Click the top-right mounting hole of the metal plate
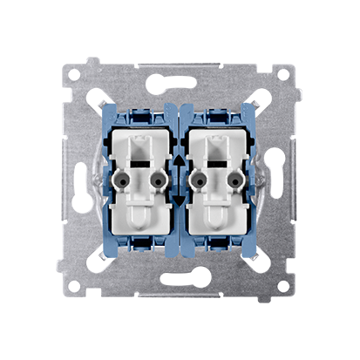click(284, 76)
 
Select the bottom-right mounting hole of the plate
click(284, 284)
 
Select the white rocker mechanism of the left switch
click(139, 174)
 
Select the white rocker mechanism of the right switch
click(220, 174)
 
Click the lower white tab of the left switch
click(139, 222)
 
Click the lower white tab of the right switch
click(220, 222)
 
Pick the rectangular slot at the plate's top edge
click(180, 64)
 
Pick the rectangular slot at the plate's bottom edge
click(180, 295)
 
